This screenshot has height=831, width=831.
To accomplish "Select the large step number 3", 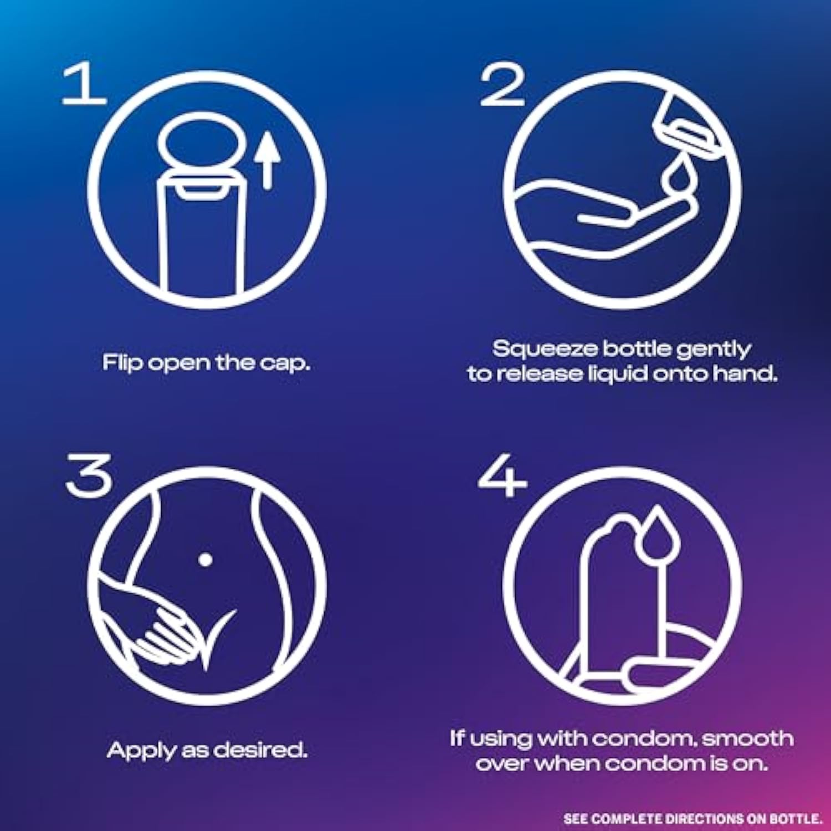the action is click(89, 475).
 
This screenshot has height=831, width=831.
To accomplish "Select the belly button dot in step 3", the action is click(205, 560).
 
